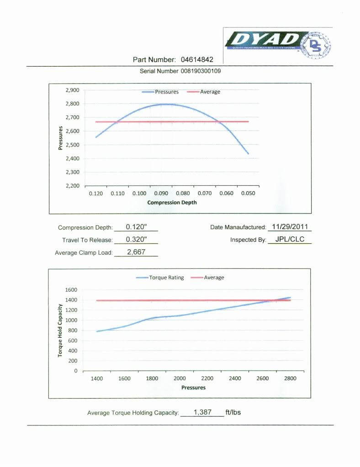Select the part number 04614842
pyautogui.click(x=197, y=59)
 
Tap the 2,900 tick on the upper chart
pyautogui.click(x=73, y=90)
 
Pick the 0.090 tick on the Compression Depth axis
pyautogui.click(x=161, y=194)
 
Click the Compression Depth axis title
pyautogui.click(x=172, y=202)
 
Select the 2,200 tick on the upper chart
pyautogui.click(x=73, y=186)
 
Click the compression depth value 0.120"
pyautogui.click(x=136, y=227)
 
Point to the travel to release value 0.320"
pyautogui.click(x=136, y=239)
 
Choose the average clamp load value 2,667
pyautogui.click(x=136, y=252)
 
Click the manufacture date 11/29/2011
pyautogui.click(x=290, y=226)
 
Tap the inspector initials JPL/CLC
pyautogui.click(x=290, y=239)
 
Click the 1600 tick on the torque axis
pyautogui.click(x=71, y=290)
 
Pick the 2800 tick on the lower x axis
pyautogui.click(x=290, y=378)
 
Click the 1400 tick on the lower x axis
pyautogui.click(x=96, y=378)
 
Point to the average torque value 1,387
pyautogui.click(x=202, y=412)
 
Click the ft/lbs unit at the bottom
pyautogui.click(x=233, y=412)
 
